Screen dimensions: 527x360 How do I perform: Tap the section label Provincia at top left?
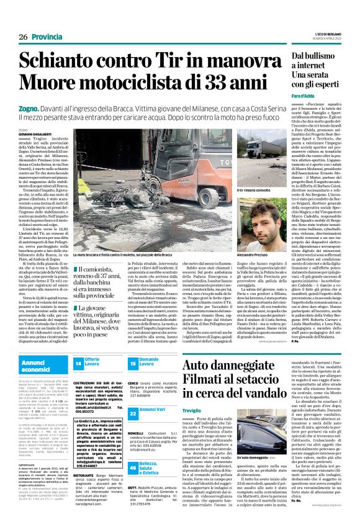point(48,37)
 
